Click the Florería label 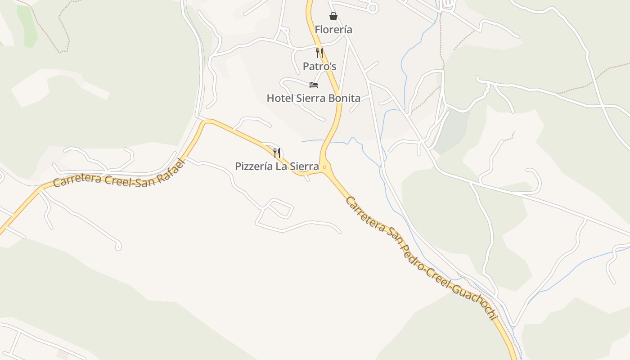[x=333, y=30]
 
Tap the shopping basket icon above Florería [x=333, y=17]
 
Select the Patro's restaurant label [x=319, y=67]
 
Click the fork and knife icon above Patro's [x=319, y=53]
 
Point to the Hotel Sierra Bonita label [x=314, y=98]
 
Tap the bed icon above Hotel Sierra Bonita [x=314, y=85]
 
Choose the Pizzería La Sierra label [x=277, y=166]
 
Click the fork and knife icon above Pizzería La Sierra [x=277, y=153]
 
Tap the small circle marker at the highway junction [x=324, y=167]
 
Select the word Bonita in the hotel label [x=344, y=98]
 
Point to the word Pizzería [x=254, y=166]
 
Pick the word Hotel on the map [x=279, y=98]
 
